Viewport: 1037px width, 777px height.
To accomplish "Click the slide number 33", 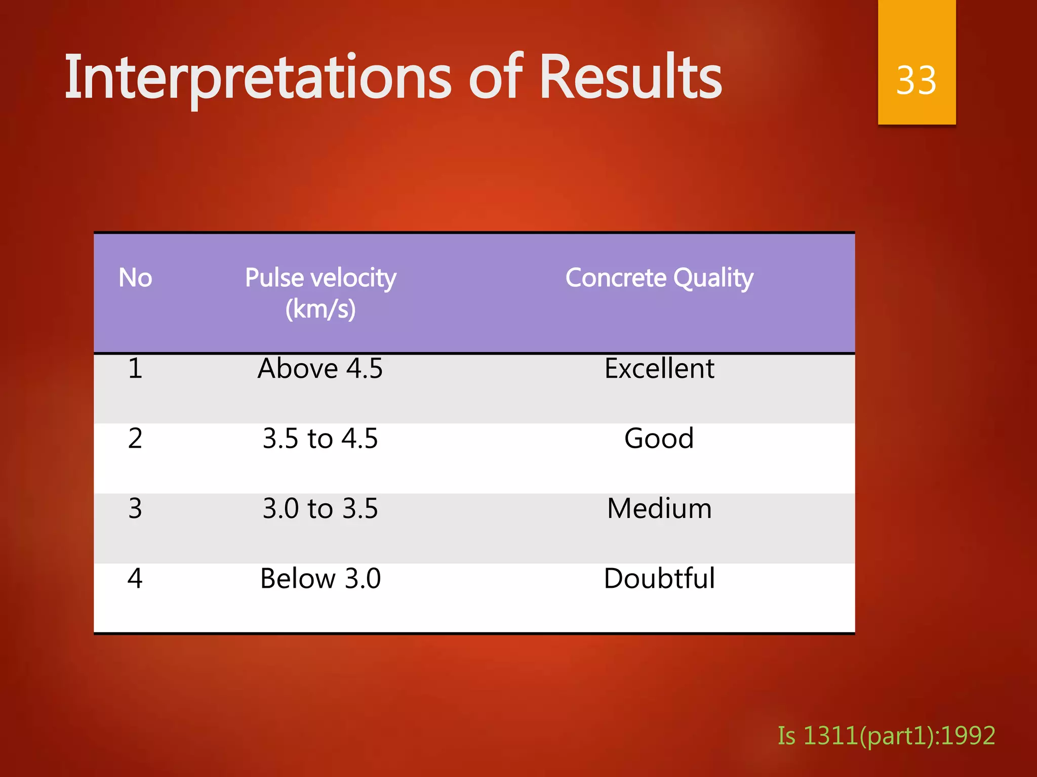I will point(916,80).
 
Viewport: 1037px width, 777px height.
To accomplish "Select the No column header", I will point(135,278).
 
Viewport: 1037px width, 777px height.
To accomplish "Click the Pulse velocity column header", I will point(321,278).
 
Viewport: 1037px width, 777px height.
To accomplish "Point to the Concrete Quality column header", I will point(659,278).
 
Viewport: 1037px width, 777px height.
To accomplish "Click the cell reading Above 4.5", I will point(320,368).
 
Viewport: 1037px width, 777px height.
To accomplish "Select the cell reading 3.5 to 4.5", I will point(320,438).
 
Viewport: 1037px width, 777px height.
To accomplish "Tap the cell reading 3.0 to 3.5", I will point(320,508).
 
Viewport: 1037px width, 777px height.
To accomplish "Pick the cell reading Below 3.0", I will point(320,578).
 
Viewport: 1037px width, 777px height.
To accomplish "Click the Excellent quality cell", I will point(659,368).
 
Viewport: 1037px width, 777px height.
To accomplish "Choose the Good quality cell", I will point(659,438).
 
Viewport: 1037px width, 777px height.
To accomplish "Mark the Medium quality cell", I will point(659,508).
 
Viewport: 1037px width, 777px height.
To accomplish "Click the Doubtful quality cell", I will point(659,578).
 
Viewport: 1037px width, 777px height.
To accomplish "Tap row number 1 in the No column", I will point(135,368).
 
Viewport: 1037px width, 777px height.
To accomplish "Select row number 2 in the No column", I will point(135,438).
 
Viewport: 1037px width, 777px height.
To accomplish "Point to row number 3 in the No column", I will point(135,508).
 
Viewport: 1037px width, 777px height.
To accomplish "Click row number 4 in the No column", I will point(135,578).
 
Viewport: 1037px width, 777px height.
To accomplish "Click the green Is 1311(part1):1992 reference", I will point(886,736).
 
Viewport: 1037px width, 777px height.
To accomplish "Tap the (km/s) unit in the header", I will point(321,309).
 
